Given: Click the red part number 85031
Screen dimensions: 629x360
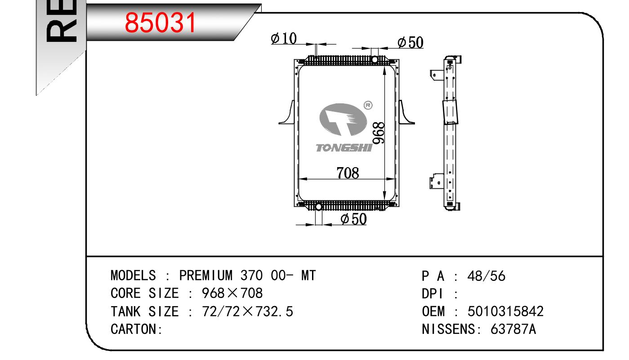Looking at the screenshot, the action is coord(161,22).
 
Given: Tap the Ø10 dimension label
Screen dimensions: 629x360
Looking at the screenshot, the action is coord(284,39).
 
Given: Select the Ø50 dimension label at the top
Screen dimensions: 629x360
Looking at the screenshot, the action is coord(410,43).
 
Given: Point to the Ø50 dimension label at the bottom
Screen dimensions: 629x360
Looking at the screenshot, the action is coord(353,219).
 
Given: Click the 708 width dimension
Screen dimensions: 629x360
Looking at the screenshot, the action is coord(348,173).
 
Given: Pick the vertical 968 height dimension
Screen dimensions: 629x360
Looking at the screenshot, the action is coord(379,133).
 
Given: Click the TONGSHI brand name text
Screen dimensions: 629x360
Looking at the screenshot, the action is coord(344,148).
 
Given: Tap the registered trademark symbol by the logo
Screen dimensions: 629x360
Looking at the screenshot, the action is coord(368,105).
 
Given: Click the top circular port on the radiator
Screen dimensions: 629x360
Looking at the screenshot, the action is coord(375,60).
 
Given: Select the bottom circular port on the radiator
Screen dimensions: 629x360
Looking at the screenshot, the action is coord(318,207).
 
